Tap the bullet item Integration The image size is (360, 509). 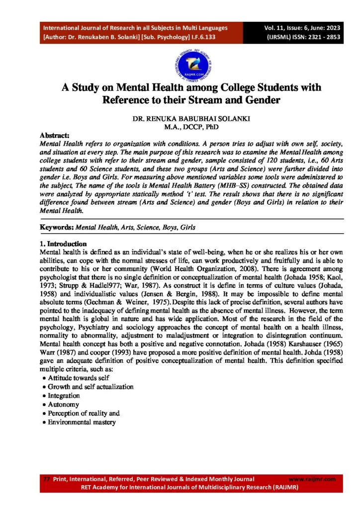(64, 396)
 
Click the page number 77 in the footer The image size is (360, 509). (47, 479)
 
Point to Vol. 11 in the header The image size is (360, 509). (278, 28)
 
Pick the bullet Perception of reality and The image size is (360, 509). (84, 413)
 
